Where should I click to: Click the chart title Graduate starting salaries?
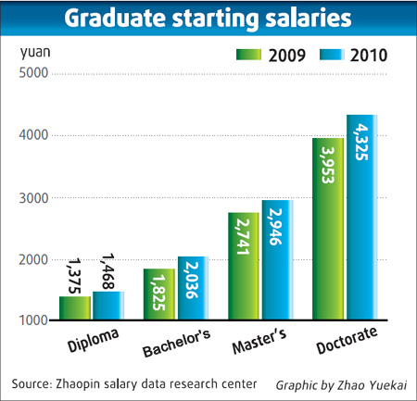208,19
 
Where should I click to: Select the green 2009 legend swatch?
247,55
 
